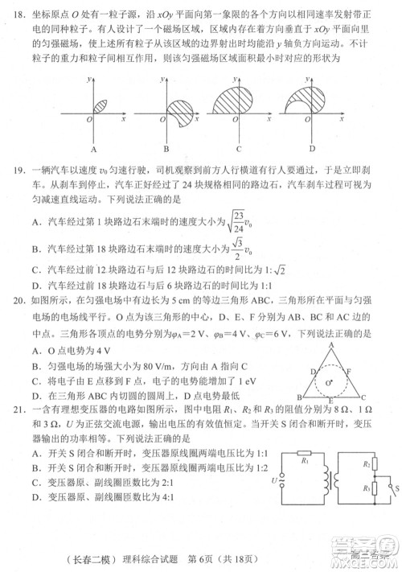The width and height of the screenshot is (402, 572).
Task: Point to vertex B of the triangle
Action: pos(301,397)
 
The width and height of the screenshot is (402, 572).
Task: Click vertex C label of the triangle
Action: pos(363,397)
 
